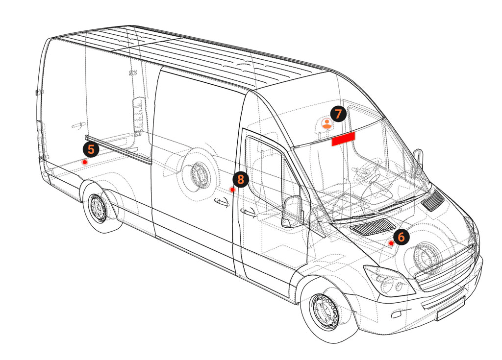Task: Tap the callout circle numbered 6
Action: click(x=401, y=237)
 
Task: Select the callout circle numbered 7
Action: click(x=338, y=114)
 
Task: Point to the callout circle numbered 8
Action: click(x=240, y=179)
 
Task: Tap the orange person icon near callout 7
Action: click(x=326, y=123)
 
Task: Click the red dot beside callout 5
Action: click(x=85, y=162)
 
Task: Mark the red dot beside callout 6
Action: click(x=391, y=243)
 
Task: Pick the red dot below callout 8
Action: click(x=232, y=190)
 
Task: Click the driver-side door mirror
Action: click(x=292, y=212)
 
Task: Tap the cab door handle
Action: click(x=249, y=213)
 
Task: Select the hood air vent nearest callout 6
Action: click(x=374, y=226)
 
